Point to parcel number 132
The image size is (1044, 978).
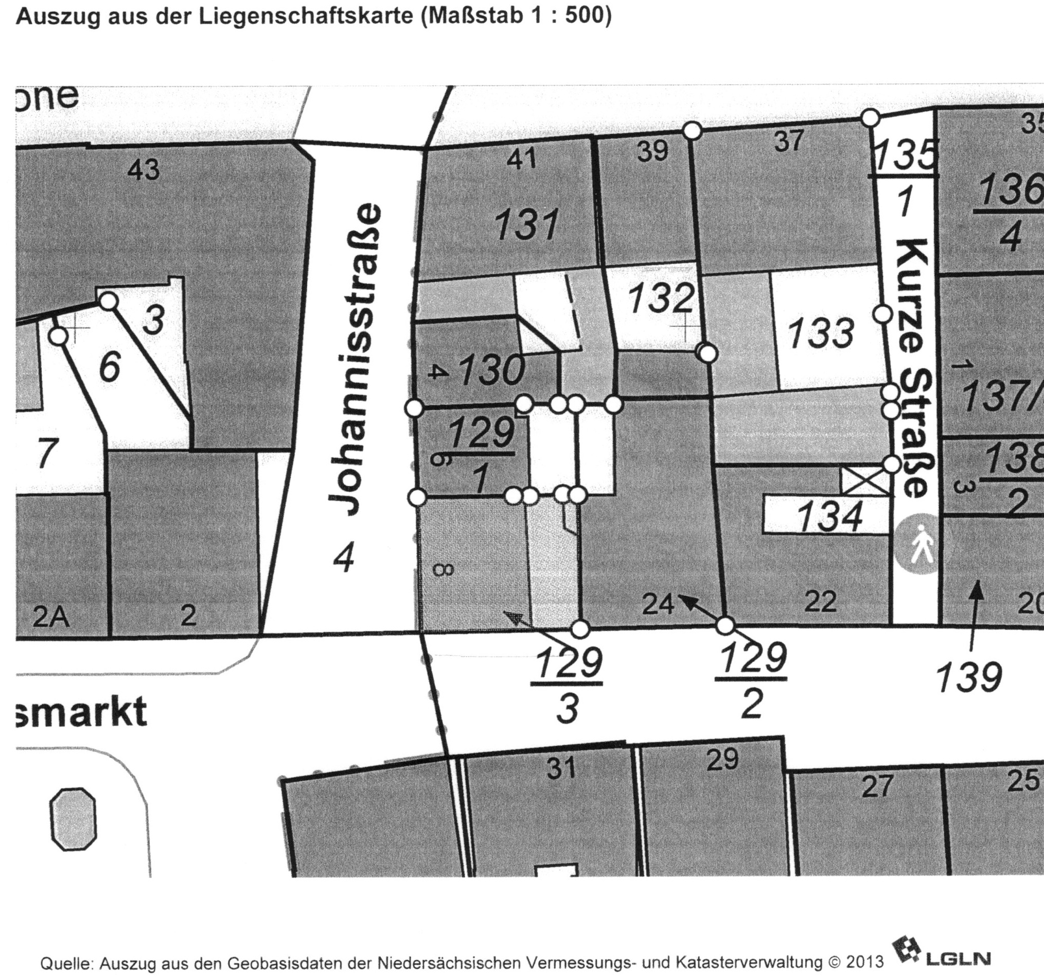tap(661, 299)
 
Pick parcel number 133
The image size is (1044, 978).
tap(820, 333)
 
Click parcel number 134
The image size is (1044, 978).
tap(830, 516)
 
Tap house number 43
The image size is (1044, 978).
tap(144, 170)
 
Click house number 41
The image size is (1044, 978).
tap(521, 158)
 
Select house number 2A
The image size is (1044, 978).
tap(50, 616)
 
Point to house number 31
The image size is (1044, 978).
tap(561, 768)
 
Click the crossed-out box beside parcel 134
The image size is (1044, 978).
tap(865, 481)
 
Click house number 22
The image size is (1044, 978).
tap(820, 600)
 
